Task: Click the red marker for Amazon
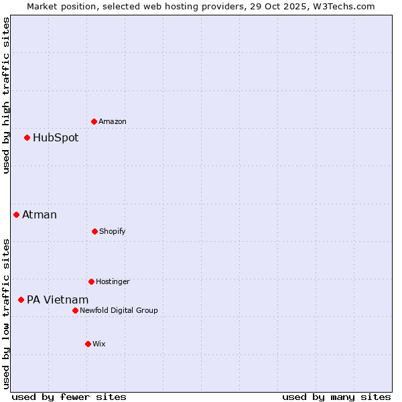point(94,121)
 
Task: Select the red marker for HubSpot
point(27,137)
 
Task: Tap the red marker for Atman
point(16,214)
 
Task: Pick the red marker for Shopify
point(94,231)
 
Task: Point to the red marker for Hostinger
point(91,281)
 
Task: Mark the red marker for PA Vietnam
point(21,299)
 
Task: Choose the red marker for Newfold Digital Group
point(75,310)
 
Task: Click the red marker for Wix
point(88,344)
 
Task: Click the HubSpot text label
point(56,138)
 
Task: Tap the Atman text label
point(40,215)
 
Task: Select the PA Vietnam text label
point(58,300)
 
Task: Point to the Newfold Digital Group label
point(119,310)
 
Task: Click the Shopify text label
point(112,232)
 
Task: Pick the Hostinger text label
point(113,282)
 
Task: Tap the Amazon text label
point(113,122)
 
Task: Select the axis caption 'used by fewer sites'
point(68,397)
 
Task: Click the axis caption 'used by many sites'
point(336,397)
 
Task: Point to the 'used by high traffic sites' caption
point(6,95)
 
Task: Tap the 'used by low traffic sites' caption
point(6,313)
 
